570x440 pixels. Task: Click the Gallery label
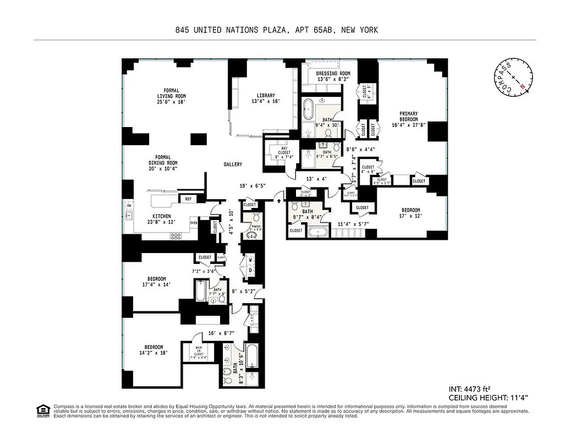[x=233, y=164]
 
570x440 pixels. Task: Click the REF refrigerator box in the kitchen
[x=188, y=199]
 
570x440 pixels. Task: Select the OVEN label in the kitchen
[x=194, y=223]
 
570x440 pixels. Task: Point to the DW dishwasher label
[x=129, y=206]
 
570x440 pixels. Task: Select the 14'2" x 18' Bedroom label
[x=154, y=350]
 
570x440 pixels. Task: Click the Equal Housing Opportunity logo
[x=42, y=410]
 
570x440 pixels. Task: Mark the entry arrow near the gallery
[x=281, y=201]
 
